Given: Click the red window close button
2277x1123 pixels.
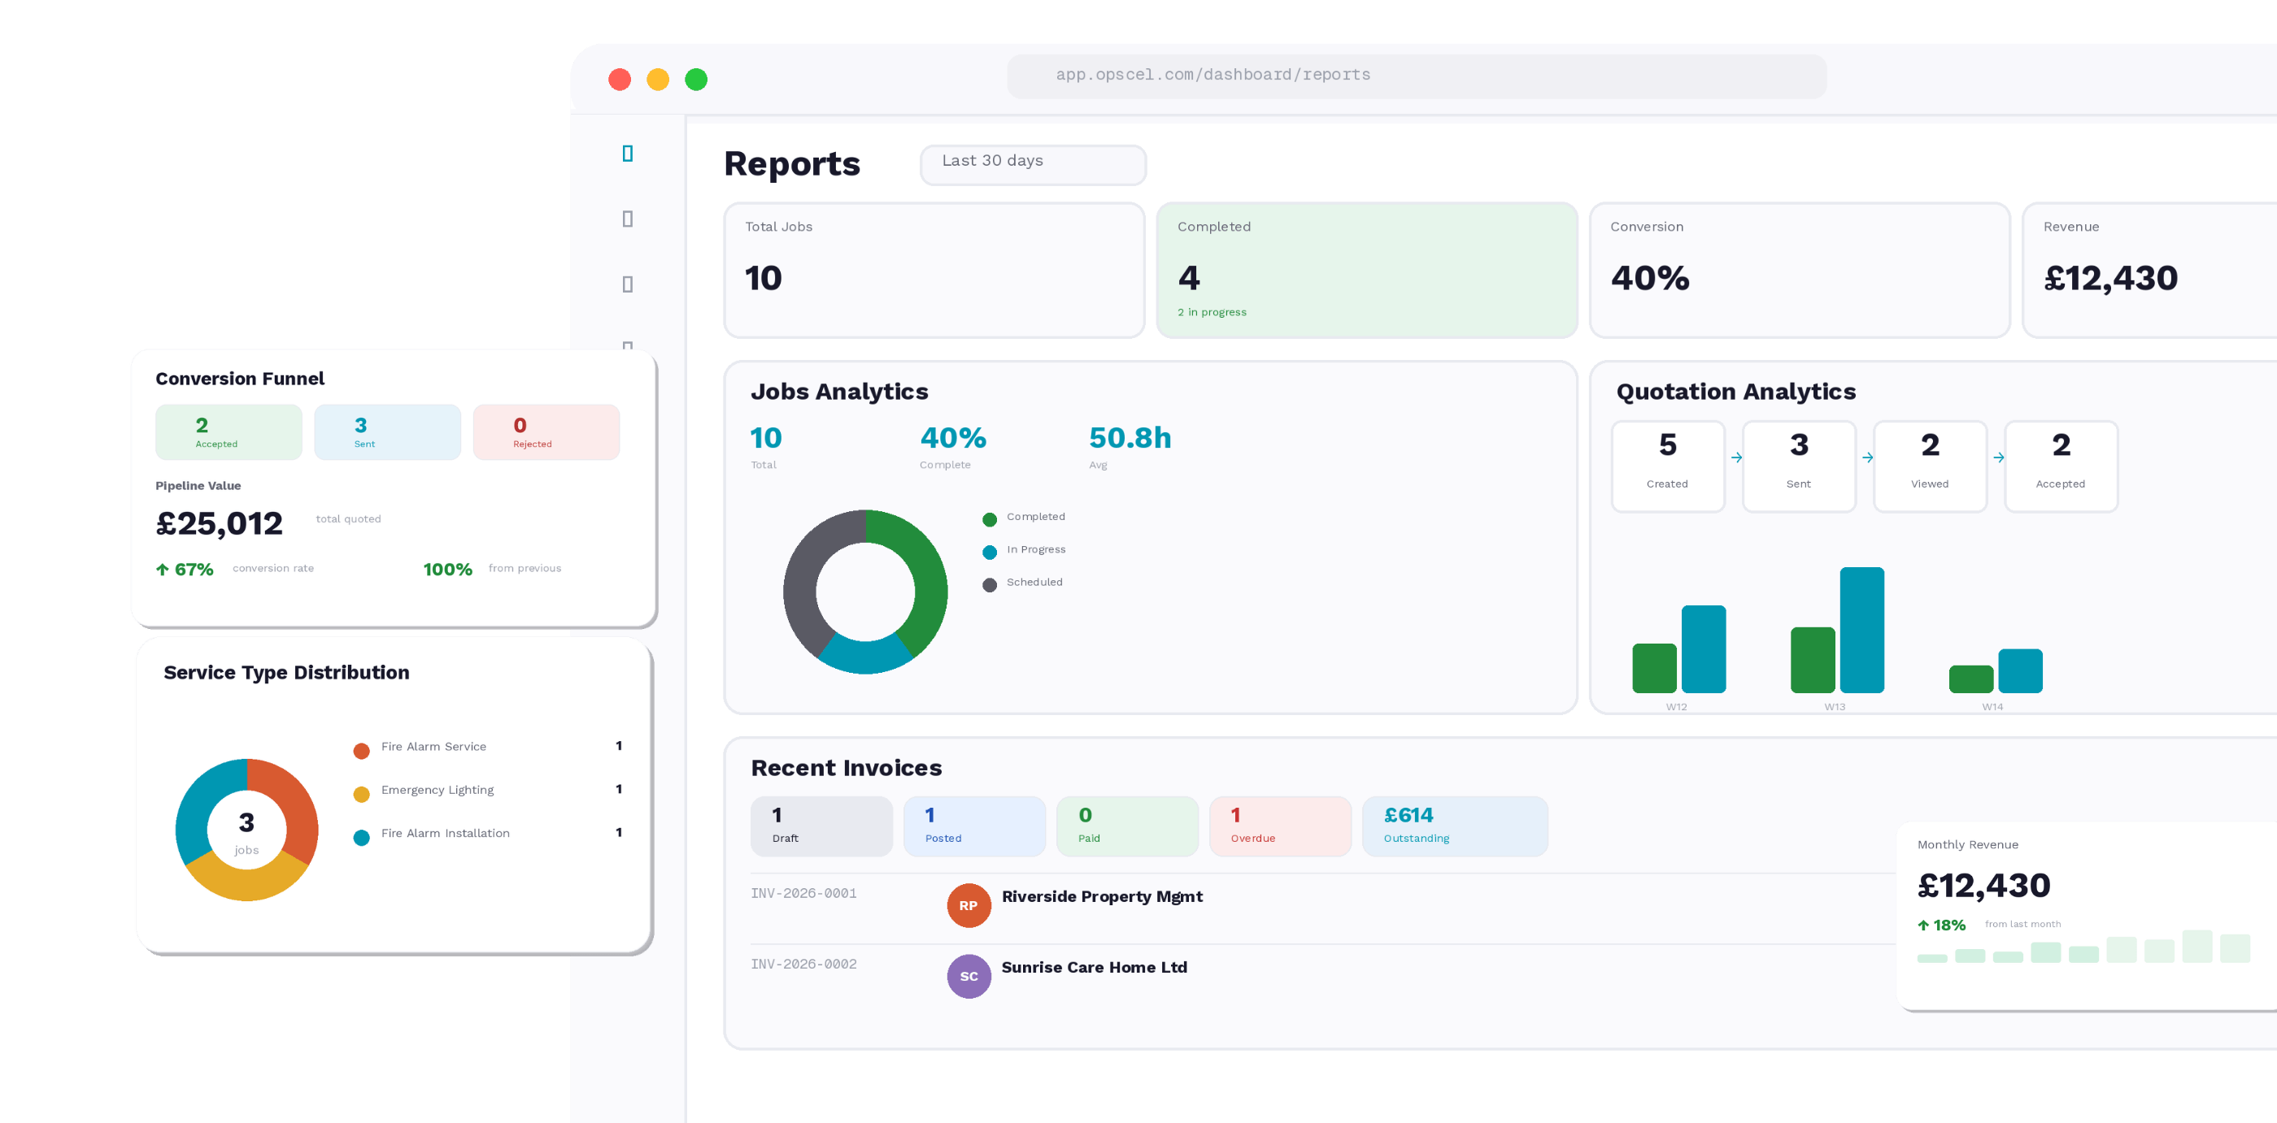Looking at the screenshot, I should [x=620, y=80].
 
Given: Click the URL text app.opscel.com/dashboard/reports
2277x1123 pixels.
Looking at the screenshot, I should [x=1212, y=75].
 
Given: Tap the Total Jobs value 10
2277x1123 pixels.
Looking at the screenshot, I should [x=763, y=279].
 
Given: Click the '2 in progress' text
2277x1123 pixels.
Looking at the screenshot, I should [x=1211, y=312].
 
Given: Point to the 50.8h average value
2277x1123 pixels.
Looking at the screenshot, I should [x=1129, y=438].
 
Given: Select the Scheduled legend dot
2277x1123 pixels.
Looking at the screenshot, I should [x=989, y=585].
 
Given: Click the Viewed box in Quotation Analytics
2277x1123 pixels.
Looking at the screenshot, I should [x=1929, y=466].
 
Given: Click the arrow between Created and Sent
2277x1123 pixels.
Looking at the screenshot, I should [x=1736, y=457].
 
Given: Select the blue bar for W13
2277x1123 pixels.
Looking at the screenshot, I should [x=1861, y=630].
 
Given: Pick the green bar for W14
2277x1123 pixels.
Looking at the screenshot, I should [x=1970, y=679].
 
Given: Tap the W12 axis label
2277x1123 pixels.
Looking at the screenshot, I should [x=1676, y=707].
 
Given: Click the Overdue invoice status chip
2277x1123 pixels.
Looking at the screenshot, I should [x=1279, y=826].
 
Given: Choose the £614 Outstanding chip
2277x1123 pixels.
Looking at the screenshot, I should [x=1454, y=826].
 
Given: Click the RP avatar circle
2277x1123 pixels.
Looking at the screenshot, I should [x=968, y=906].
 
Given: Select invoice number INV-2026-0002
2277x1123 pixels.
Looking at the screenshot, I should [x=803, y=964].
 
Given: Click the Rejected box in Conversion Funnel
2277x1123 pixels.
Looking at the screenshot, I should [x=546, y=432].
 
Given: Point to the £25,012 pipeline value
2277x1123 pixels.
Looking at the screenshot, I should [x=220, y=524].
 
